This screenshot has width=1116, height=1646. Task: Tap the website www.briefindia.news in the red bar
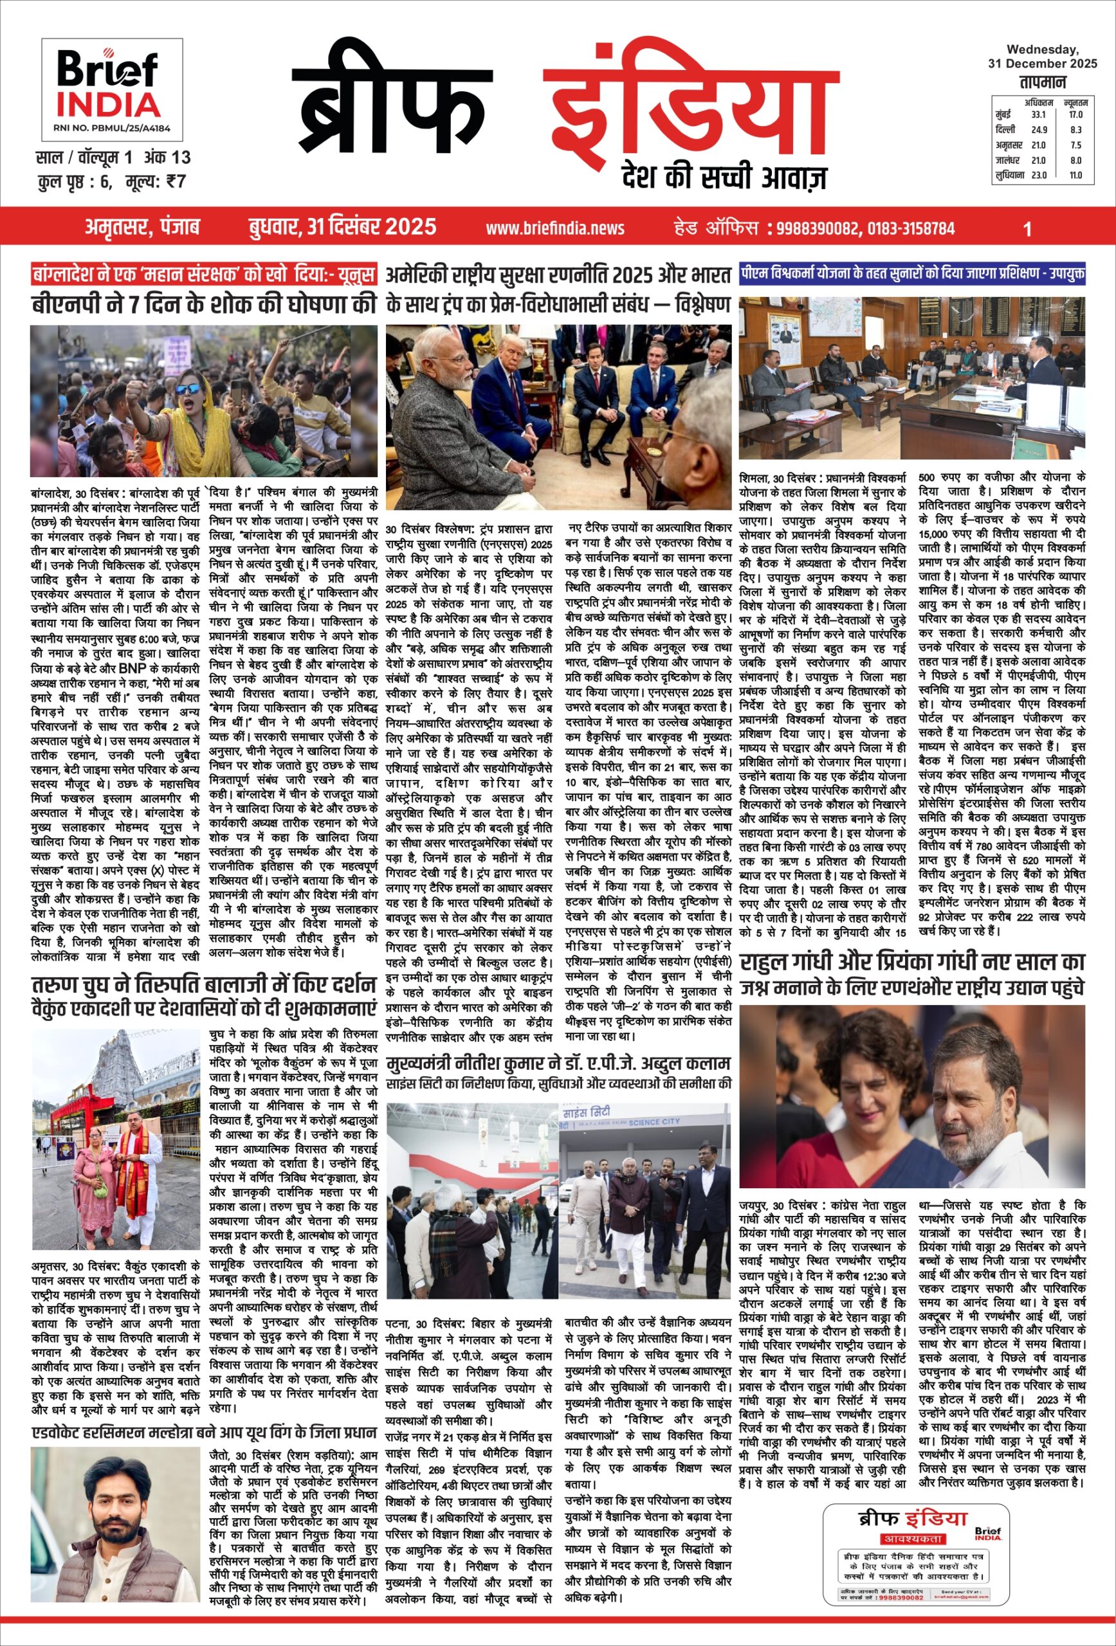tap(555, 228)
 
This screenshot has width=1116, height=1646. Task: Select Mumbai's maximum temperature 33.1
tap(1039, 114)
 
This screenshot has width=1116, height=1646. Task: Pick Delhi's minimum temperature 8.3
tap(1075, 130)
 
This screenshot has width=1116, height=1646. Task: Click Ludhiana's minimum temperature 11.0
tap(1075, 175)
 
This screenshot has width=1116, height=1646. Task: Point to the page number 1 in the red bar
tap(1027, 228)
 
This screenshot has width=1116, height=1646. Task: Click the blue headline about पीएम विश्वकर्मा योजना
tap(912, 274)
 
